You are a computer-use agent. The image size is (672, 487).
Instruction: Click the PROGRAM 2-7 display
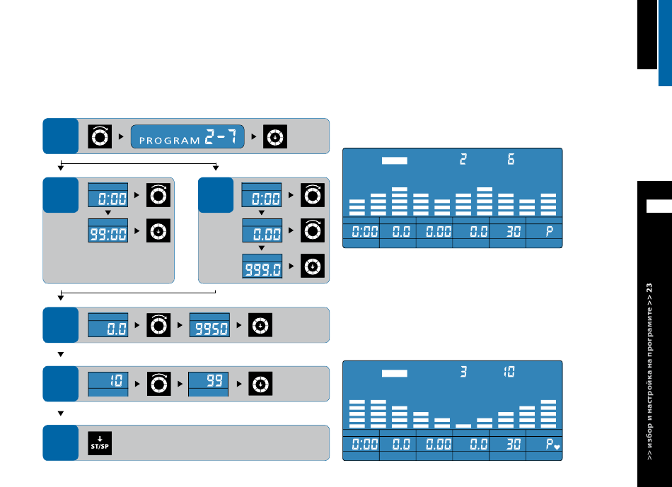pos(187,136)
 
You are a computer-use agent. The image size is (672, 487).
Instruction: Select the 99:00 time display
pos(108,230)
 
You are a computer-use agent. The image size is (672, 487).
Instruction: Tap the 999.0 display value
pos(262,266)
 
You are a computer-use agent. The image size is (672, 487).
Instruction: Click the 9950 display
pos(209,325)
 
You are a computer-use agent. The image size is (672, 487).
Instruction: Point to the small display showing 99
pos(208,384)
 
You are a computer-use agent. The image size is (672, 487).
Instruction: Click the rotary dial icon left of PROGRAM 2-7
pos(100,136)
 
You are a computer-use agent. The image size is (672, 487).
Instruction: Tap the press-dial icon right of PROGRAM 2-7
pos(275,136)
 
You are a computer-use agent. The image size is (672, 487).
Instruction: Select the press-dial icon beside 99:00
pos(158,230)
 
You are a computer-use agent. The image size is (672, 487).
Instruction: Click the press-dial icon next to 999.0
pos(313,266)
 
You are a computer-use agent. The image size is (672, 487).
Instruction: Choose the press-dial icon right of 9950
pos(260,325)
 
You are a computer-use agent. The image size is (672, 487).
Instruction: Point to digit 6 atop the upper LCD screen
pos(511,159)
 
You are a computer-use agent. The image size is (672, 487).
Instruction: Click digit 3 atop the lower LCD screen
pos(463,372)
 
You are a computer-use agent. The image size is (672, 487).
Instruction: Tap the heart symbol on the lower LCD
pos(557,447)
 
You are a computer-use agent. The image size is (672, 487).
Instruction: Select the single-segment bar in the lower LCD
pos(463,426)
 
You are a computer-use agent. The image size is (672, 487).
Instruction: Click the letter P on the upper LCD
pos(550,232)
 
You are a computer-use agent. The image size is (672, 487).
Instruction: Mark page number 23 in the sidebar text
pos(649,287)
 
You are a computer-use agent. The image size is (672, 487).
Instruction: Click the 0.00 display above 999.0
pos(262,230)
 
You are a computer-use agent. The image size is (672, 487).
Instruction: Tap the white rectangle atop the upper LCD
pos(395,160)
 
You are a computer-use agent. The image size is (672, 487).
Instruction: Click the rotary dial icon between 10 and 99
pos(159,384)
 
